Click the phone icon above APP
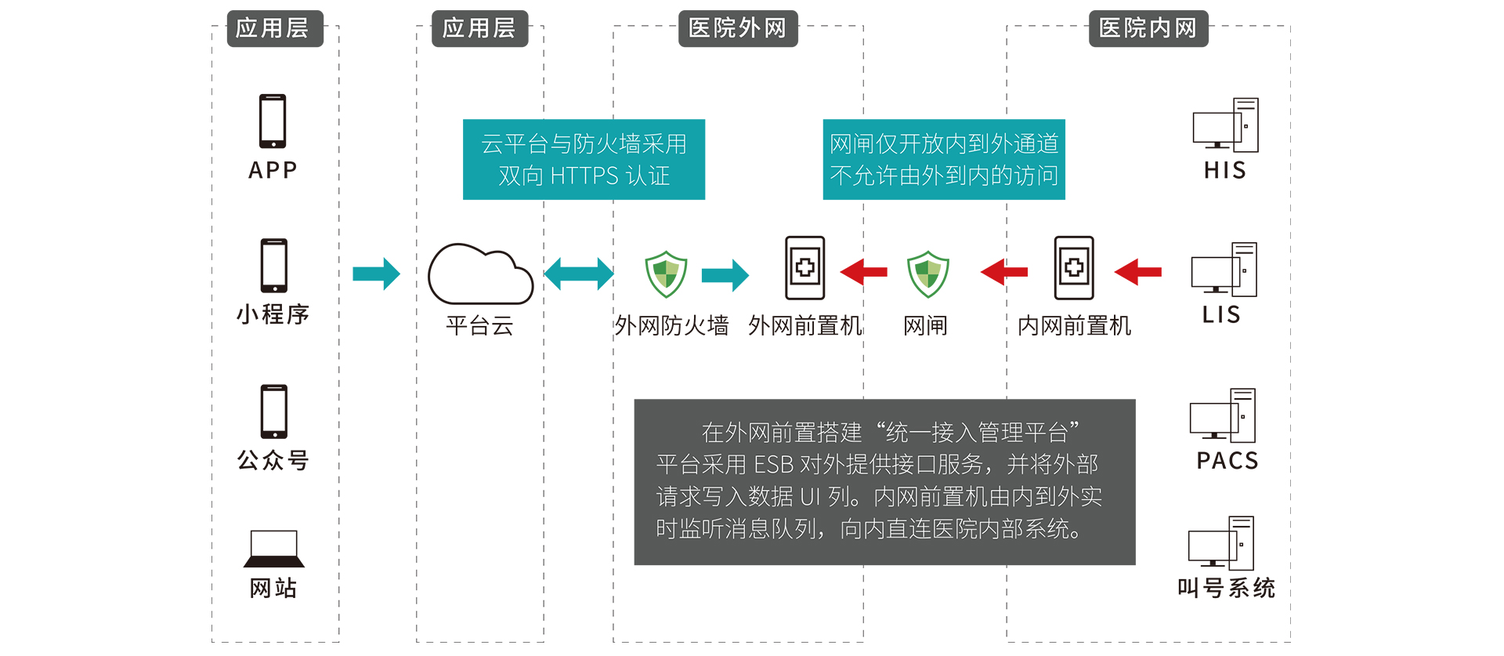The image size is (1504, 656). click(x=273, y=121)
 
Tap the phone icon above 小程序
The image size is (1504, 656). click(x=273, y=266)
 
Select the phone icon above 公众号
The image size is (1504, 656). click(x=274, y=411)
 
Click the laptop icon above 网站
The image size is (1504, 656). click(x=273, y=549)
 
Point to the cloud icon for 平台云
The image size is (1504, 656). click(x=480, y=275)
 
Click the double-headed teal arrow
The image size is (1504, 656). click(x=579, y=274)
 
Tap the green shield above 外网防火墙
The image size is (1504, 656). click(x=666, y=274)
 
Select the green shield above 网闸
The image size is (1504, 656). click(x=927, y=274)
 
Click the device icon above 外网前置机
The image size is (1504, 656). click(x=805, y=268)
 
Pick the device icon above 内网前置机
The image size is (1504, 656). click(x=1074, y=268)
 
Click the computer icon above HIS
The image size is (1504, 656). click(x=1226, y=125)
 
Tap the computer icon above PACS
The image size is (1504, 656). click(x=1223, y=415)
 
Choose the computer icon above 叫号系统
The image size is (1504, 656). click(x=1221, y=543)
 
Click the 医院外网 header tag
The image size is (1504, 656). click(x=737, y=29)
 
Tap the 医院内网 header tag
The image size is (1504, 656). click(x=1148, y=29)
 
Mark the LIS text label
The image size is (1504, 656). click(x=1221, y=315)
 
